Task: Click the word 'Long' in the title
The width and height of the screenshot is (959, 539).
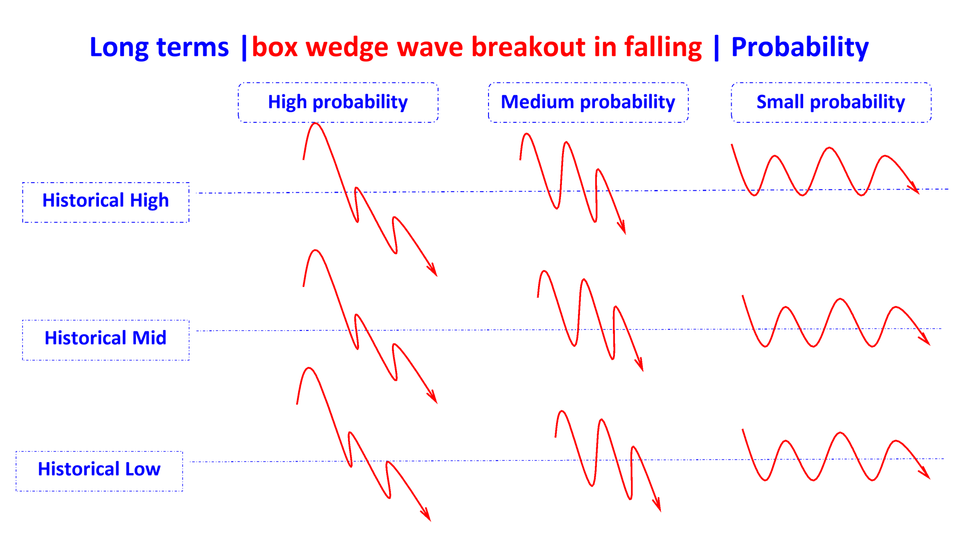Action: [119, 48]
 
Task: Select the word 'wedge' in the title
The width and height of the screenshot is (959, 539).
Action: [347, 48]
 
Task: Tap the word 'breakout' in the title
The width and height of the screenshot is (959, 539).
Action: [528, 47]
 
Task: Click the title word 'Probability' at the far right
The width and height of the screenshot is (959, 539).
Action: [800, 48]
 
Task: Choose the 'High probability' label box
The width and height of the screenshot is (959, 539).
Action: [338, 102]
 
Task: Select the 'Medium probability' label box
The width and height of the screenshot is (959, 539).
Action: [588, 102]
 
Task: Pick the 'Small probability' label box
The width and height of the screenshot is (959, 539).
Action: [831, 102]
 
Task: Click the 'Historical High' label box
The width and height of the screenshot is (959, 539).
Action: [106, 202]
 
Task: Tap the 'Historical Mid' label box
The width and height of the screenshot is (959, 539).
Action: [106, 340]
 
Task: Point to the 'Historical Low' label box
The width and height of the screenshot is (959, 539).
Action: [99, 471]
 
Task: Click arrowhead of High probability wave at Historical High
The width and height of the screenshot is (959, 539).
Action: [434, 271]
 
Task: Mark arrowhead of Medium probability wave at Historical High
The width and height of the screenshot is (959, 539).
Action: [623, 229]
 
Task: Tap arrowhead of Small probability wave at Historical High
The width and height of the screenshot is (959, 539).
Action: [915, 190]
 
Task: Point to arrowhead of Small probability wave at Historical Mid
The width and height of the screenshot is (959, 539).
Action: [926, 341]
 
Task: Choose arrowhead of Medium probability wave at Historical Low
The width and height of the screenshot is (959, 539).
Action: [658, 507]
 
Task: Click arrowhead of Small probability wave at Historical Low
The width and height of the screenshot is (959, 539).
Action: [926, 475]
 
